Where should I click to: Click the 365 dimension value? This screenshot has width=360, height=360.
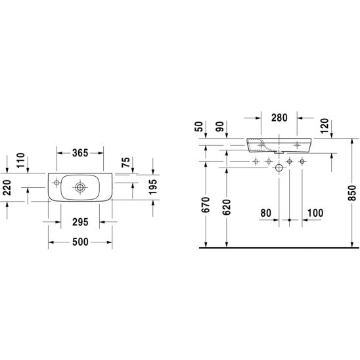click(80, 153)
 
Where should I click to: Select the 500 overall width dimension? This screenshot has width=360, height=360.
click(80, 242)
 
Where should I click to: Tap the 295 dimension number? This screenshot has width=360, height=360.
click(80, 222)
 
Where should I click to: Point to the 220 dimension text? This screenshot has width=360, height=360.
click(7, 188)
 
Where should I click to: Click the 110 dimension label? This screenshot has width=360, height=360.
click(20, 160)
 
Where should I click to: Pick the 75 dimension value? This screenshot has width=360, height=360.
click(125, 162)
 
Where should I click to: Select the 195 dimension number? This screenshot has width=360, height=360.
click(153, 187)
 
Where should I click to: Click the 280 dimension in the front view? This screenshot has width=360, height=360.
click(279, 118)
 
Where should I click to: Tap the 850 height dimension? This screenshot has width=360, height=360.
click(352, 193)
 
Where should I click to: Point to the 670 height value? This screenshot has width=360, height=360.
click(206, 204)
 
